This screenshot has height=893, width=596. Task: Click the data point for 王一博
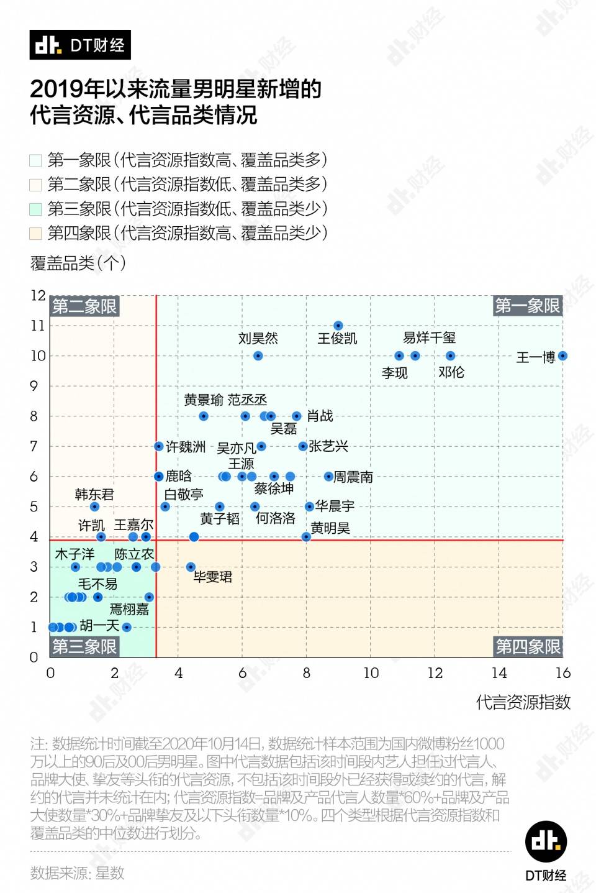[562, 356]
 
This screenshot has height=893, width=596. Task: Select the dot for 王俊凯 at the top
[338, 326]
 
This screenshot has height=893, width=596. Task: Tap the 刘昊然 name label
[258, 339]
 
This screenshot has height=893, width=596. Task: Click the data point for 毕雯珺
[191, 567]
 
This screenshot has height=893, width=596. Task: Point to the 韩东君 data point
[94, 507]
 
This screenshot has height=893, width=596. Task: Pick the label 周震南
[353, 477]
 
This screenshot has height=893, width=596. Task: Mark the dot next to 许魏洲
[159, 447]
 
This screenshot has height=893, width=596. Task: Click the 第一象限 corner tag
[527, 306]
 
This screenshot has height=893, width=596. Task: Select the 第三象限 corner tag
[84, 647]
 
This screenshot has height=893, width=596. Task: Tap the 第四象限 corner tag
[528, 647]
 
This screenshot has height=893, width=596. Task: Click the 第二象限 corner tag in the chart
[84, 306]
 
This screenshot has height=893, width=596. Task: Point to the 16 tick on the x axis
[562, 673]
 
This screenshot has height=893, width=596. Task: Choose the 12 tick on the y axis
[38, 296]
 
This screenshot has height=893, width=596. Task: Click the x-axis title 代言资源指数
[523, 703]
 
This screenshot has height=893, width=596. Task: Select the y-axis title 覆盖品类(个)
[78, 263]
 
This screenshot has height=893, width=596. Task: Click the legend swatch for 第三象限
[35, 209]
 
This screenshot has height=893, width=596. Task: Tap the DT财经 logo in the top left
[80, 45]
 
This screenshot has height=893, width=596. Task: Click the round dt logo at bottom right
[546, 841]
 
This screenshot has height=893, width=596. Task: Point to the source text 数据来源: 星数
[78, 873]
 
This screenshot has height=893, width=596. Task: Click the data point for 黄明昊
[306, 537]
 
